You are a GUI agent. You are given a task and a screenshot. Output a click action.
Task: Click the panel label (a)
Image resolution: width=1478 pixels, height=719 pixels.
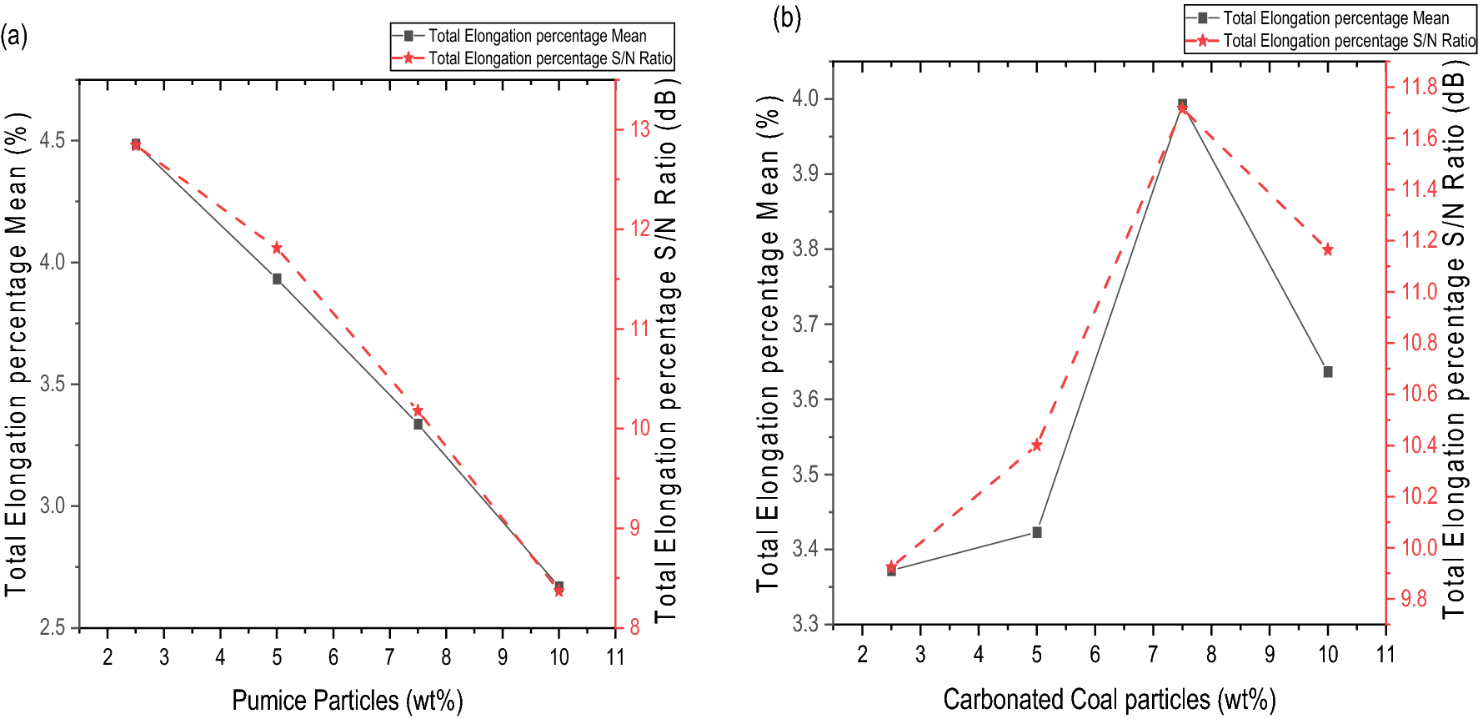coord(14,36)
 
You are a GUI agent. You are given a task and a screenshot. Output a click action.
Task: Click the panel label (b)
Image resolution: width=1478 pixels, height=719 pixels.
coord(786,17)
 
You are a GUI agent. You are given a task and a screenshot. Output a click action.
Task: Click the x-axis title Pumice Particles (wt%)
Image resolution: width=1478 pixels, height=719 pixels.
coord(347,700)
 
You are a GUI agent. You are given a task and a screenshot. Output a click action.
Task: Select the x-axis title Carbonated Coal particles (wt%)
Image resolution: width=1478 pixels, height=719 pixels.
coord(1109,699)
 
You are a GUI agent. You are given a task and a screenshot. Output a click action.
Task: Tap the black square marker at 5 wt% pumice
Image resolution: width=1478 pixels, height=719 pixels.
coord(277,279)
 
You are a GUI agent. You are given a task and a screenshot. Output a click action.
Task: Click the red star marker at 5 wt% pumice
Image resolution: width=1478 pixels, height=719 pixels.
coord(277,248)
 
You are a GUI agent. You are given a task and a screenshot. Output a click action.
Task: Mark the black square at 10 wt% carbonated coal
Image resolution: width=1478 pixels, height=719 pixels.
coord(1328,372)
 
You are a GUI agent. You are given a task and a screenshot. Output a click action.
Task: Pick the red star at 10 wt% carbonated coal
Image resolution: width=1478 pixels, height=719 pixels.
coord(1328,249)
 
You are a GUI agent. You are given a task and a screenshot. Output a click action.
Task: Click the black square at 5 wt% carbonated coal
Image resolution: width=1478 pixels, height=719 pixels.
coord(1037,532)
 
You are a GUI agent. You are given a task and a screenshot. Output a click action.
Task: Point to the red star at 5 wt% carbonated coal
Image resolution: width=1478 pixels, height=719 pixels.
coord(1037,445)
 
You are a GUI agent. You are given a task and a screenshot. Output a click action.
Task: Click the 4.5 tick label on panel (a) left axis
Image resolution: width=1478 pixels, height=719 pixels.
coord(53,140)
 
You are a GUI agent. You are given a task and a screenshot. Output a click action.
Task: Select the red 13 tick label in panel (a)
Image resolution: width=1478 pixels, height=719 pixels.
coord(639,128)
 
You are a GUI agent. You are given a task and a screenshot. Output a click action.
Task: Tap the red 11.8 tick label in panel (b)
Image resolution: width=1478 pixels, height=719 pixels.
coord(1419,86)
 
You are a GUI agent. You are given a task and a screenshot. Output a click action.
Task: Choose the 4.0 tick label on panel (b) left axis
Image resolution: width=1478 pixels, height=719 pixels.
coord(805,98)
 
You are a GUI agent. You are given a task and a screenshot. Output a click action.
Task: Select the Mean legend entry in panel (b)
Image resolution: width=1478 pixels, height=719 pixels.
coord(1335,18)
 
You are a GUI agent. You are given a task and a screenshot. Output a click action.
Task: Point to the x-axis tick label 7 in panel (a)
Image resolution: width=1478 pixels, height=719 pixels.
coord(389,657)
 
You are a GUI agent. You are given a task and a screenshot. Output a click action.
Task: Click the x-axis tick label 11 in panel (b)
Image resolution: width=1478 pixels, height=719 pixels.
coord(1385,654)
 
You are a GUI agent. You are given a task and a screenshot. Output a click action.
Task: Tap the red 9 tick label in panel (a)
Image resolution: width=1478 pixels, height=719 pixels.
coord(635,527)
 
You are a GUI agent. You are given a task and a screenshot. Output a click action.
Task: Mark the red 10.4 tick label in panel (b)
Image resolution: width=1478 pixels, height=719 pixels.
coord(1419,445)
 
